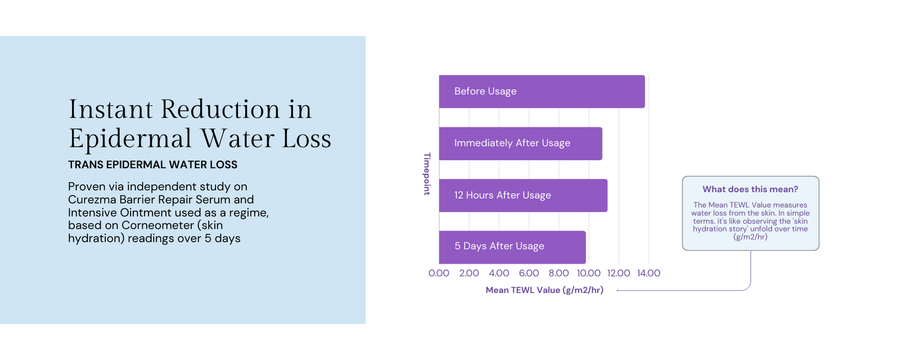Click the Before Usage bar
pyautogui.click(x=542, y=92)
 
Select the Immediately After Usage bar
pyautogui.click(x=520, y=143)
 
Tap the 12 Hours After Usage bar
pyautogui.click(x=523, y=195)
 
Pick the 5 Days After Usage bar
pyautogui.click(x=512, y=247)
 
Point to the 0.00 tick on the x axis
pyautogui.click(x=439, y=273)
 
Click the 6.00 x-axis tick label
pyautogui.click(x=529, y=273)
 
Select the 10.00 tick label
pyautogui.click(x=588, y=273)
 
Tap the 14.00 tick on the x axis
pyautogui.click(x=649, y=273)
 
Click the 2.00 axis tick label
pyautogui.click(x=469, y=273)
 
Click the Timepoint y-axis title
pyautogui.click(x=427, y=174)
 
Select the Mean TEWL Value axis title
pyautogui.click(x=544, y=290)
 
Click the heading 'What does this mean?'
pyautogui.click(x=750, y=189)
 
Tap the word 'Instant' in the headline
pyautogui.click(x=110, y=109)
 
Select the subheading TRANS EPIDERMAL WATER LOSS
pyautogui.click(x=152, y=165)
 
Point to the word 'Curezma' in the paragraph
pyautogui.click(x=91, y=200)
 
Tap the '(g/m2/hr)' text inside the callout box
pyautogui.click(x=750, y=237)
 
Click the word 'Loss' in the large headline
pyautogui.click(x=307, y=138)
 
